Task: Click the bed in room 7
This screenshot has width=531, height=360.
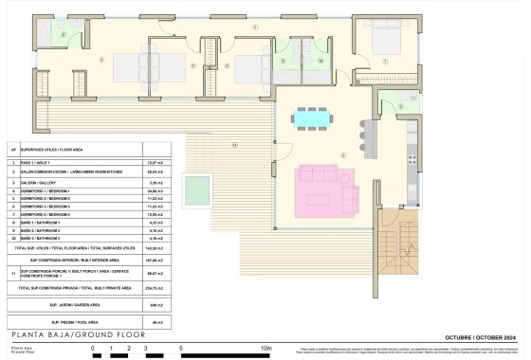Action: pyautogui.click(x=382, y=43)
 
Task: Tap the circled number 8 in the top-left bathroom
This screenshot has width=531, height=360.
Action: pyautogui.click(x=64, y=34)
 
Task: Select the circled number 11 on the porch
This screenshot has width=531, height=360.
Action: pyautogui.click(x=234, y=145)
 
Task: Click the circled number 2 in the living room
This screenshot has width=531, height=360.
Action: pyautogui.click(x=345, y=157)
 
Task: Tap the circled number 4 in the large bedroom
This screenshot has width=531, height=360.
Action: pyautogui.click(x=101, y=59)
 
